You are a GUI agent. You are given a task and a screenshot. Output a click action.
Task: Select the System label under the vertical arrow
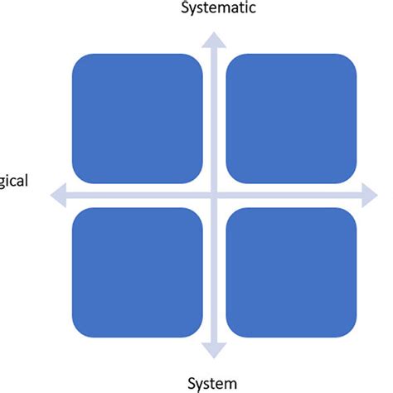212,383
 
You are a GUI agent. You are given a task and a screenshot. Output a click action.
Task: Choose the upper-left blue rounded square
138,119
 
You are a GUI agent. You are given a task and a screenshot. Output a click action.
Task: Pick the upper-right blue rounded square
291,119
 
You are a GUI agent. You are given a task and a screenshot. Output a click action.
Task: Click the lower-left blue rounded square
138,272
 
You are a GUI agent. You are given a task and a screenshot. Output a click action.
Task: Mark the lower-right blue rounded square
291,272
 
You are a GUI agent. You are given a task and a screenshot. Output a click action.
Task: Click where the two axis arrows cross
215,196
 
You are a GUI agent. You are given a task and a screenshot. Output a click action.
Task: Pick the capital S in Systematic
185,9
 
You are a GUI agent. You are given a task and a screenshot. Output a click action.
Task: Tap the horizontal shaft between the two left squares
138,196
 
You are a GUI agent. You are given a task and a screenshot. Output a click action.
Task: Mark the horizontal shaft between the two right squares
291,196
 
